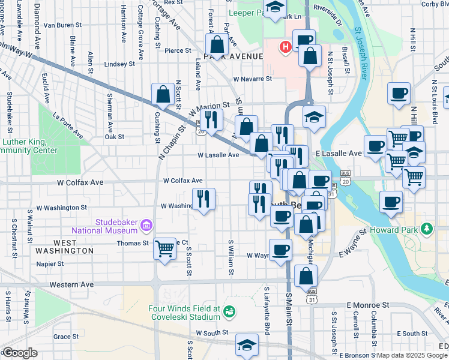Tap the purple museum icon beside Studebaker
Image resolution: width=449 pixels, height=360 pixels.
145,226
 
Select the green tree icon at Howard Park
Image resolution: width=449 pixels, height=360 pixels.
427,229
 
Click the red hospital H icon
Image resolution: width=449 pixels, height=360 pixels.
286,46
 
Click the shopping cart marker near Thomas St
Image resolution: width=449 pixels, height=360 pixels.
164,247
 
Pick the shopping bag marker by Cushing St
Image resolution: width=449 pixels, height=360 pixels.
163,94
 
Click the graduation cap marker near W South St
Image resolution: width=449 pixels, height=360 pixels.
246,345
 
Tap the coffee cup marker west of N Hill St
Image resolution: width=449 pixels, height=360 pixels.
399,94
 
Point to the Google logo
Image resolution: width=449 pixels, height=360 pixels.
20,353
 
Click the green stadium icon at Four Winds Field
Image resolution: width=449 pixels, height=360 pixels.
228,311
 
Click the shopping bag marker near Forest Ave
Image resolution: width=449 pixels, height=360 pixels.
216,44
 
